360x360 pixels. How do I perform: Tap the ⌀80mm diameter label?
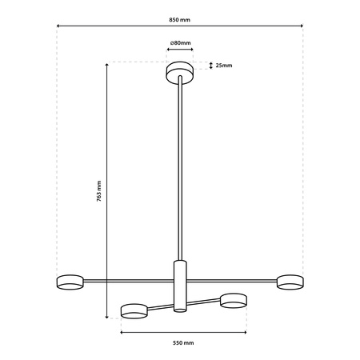tap(179, 42)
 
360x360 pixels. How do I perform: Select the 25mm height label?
tap(224, 66)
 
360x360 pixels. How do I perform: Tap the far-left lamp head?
tap(70, 281)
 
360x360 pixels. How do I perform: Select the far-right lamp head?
tap(290, 281)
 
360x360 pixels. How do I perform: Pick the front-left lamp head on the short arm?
tap(134, 310)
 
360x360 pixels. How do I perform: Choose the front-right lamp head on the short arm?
tap(232, 300)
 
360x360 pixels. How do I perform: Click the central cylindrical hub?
tap(179, 284)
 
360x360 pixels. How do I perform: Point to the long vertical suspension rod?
tap(179, 168)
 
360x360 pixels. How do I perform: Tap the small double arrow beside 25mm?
tap(210, 66)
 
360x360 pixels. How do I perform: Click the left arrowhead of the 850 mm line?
tap(58, 26)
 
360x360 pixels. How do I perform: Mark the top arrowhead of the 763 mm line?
tap(106, 64)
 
